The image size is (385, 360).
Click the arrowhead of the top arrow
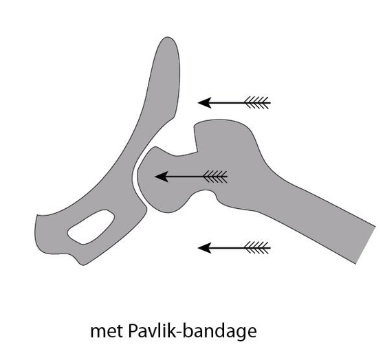204,102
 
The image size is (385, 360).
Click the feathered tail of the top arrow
257,102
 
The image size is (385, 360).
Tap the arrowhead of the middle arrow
162,177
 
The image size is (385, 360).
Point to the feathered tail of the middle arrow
215,177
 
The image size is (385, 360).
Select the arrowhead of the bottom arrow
204,248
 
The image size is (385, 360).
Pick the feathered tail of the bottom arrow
257,248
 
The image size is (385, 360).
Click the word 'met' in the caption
107,331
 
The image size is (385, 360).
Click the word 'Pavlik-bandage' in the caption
192,332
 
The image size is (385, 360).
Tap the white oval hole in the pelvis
91,227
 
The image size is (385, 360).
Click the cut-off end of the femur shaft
365,245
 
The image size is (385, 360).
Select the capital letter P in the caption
132,330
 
